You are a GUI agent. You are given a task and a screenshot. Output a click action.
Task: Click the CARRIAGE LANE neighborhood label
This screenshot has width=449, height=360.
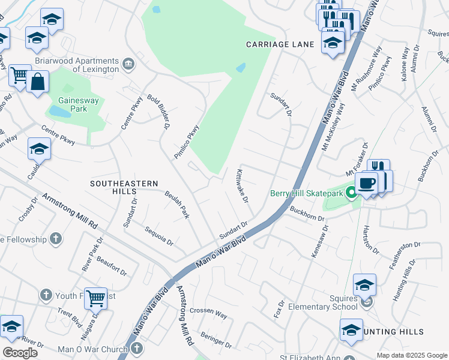point(280,45)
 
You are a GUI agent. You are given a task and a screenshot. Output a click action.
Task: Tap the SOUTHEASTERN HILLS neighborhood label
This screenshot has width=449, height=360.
point(124,187)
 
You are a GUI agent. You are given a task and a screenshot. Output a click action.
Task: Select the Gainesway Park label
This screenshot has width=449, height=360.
point(73,104)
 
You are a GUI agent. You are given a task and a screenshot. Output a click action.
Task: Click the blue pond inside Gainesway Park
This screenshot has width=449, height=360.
point(59,112)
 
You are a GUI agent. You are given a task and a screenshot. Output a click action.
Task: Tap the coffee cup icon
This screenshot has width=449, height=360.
point(366,182)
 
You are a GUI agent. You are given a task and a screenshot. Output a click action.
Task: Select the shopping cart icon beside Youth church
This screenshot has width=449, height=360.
point(95,297)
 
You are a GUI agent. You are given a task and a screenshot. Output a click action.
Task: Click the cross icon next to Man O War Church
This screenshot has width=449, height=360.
point(137,349)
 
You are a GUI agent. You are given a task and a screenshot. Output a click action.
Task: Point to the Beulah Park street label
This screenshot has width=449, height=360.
point(177,204)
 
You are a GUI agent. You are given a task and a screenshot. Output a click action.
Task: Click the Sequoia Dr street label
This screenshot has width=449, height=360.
point(158,236)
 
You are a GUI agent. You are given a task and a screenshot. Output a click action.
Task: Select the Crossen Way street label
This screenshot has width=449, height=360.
point(208,314)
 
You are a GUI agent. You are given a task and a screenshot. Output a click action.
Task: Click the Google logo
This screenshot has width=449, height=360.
point(19,353)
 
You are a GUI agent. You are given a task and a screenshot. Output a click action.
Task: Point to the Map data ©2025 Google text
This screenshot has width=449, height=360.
point(411,355)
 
